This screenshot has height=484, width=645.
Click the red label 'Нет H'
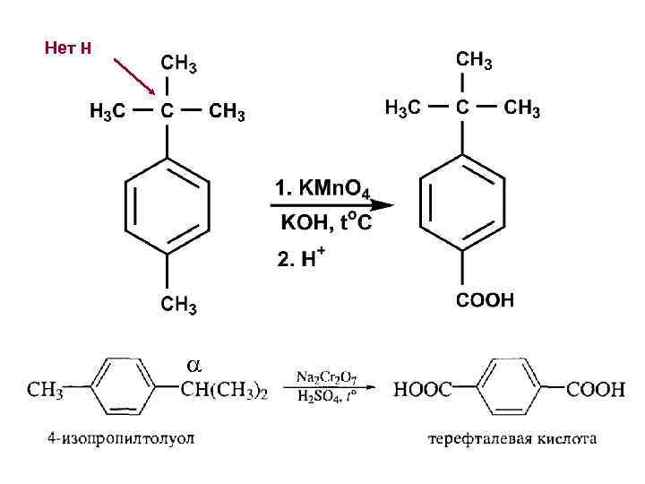tap(68, 48)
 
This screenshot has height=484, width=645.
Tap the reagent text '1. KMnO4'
tap(328, 190)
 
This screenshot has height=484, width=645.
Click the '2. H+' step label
tap(300, 258)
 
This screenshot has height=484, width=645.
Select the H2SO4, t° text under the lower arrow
tap(328, 398)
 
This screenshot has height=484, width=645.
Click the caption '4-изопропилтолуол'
tap(121, 439)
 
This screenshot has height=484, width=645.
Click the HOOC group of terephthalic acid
tap(423, 390)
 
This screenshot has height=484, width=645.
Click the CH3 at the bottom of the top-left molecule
tap(178, 306)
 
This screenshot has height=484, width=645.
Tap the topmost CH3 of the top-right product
tap(474, 61)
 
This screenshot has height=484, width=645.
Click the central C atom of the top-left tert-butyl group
tap(167, 111)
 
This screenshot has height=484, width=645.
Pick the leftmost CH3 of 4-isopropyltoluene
tap(45, 390)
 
